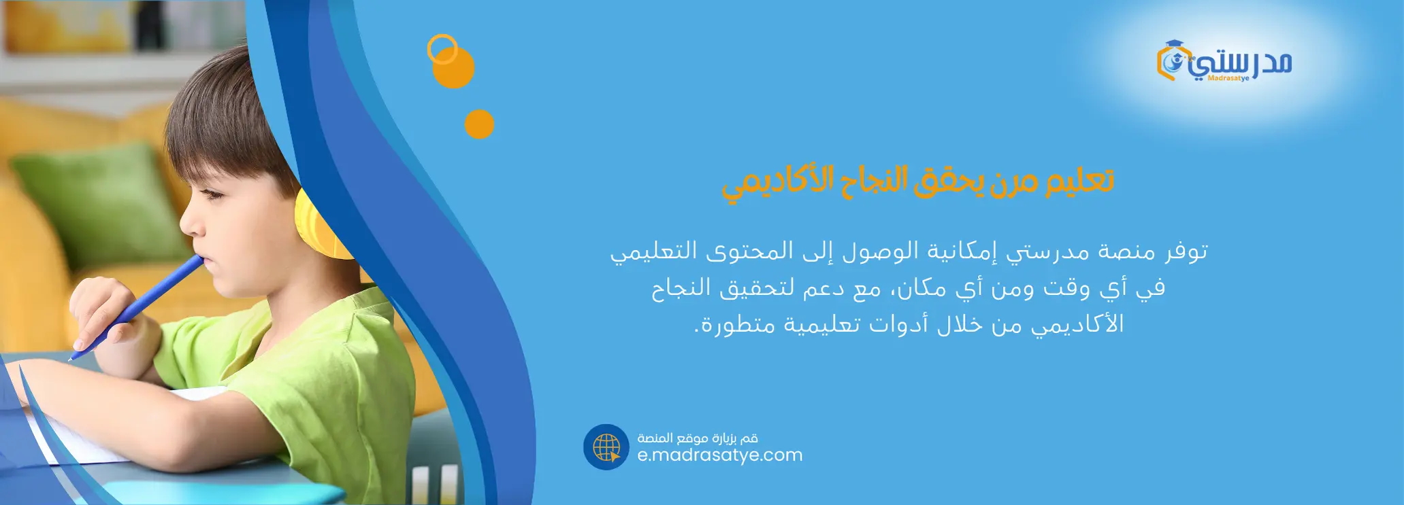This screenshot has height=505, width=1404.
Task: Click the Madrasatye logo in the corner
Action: click(1224, 62)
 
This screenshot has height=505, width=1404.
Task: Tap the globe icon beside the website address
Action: click(606, 447)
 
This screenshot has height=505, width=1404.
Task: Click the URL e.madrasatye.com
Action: click(720, 455)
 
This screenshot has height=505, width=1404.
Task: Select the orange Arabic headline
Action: click(917, 183)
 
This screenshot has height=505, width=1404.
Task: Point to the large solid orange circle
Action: click(453, 67)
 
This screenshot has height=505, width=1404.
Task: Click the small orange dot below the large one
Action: click(479, 124)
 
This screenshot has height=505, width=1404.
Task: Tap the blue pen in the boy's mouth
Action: click(136, 307)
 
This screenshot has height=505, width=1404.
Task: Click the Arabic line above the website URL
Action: click(698, 438)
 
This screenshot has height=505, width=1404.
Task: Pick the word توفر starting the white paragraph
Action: click(1187, 251)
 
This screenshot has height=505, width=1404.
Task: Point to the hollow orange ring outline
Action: click(442, 49)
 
